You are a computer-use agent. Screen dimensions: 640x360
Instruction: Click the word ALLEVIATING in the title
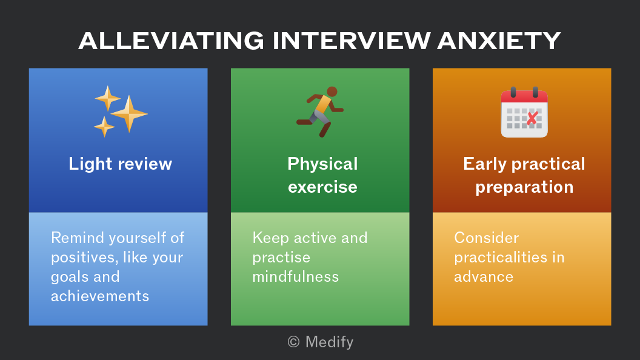[x=172, y=41]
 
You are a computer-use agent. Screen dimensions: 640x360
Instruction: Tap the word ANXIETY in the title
[x=499, y=41]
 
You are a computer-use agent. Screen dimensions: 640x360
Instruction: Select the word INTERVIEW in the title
[x=352, y=41]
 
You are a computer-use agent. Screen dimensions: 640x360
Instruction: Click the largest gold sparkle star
[x=129, y=114]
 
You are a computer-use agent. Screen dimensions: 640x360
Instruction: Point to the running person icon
[x=320, y=112]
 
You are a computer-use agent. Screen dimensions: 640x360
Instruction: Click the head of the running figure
[x=332, y=92]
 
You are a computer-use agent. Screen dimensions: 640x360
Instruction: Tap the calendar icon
[x=524, y=112]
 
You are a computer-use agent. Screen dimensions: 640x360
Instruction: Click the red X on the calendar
[x=532, y=118]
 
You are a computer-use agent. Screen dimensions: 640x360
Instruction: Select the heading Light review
[x=121, y=164]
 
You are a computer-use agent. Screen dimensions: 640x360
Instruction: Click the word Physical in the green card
[x=322, y=164]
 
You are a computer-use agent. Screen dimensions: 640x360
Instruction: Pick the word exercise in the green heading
[x=322, y=187]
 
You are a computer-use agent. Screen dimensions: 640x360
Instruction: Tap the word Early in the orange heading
[x=485, y=164]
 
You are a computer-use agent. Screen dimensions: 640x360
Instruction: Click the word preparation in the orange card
[x=524, y=187]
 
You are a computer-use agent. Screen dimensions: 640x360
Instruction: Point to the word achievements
[x=100, y=296]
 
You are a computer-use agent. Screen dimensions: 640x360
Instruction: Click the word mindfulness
[x=296, y=277]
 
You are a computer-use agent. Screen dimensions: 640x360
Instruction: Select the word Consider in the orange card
[x=487, y=238]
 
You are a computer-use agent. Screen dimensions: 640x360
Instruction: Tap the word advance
[x=484, y=277]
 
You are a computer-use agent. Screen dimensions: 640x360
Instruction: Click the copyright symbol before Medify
[x=293, y=342]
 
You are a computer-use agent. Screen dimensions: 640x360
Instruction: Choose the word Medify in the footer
[x=329, y=342]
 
